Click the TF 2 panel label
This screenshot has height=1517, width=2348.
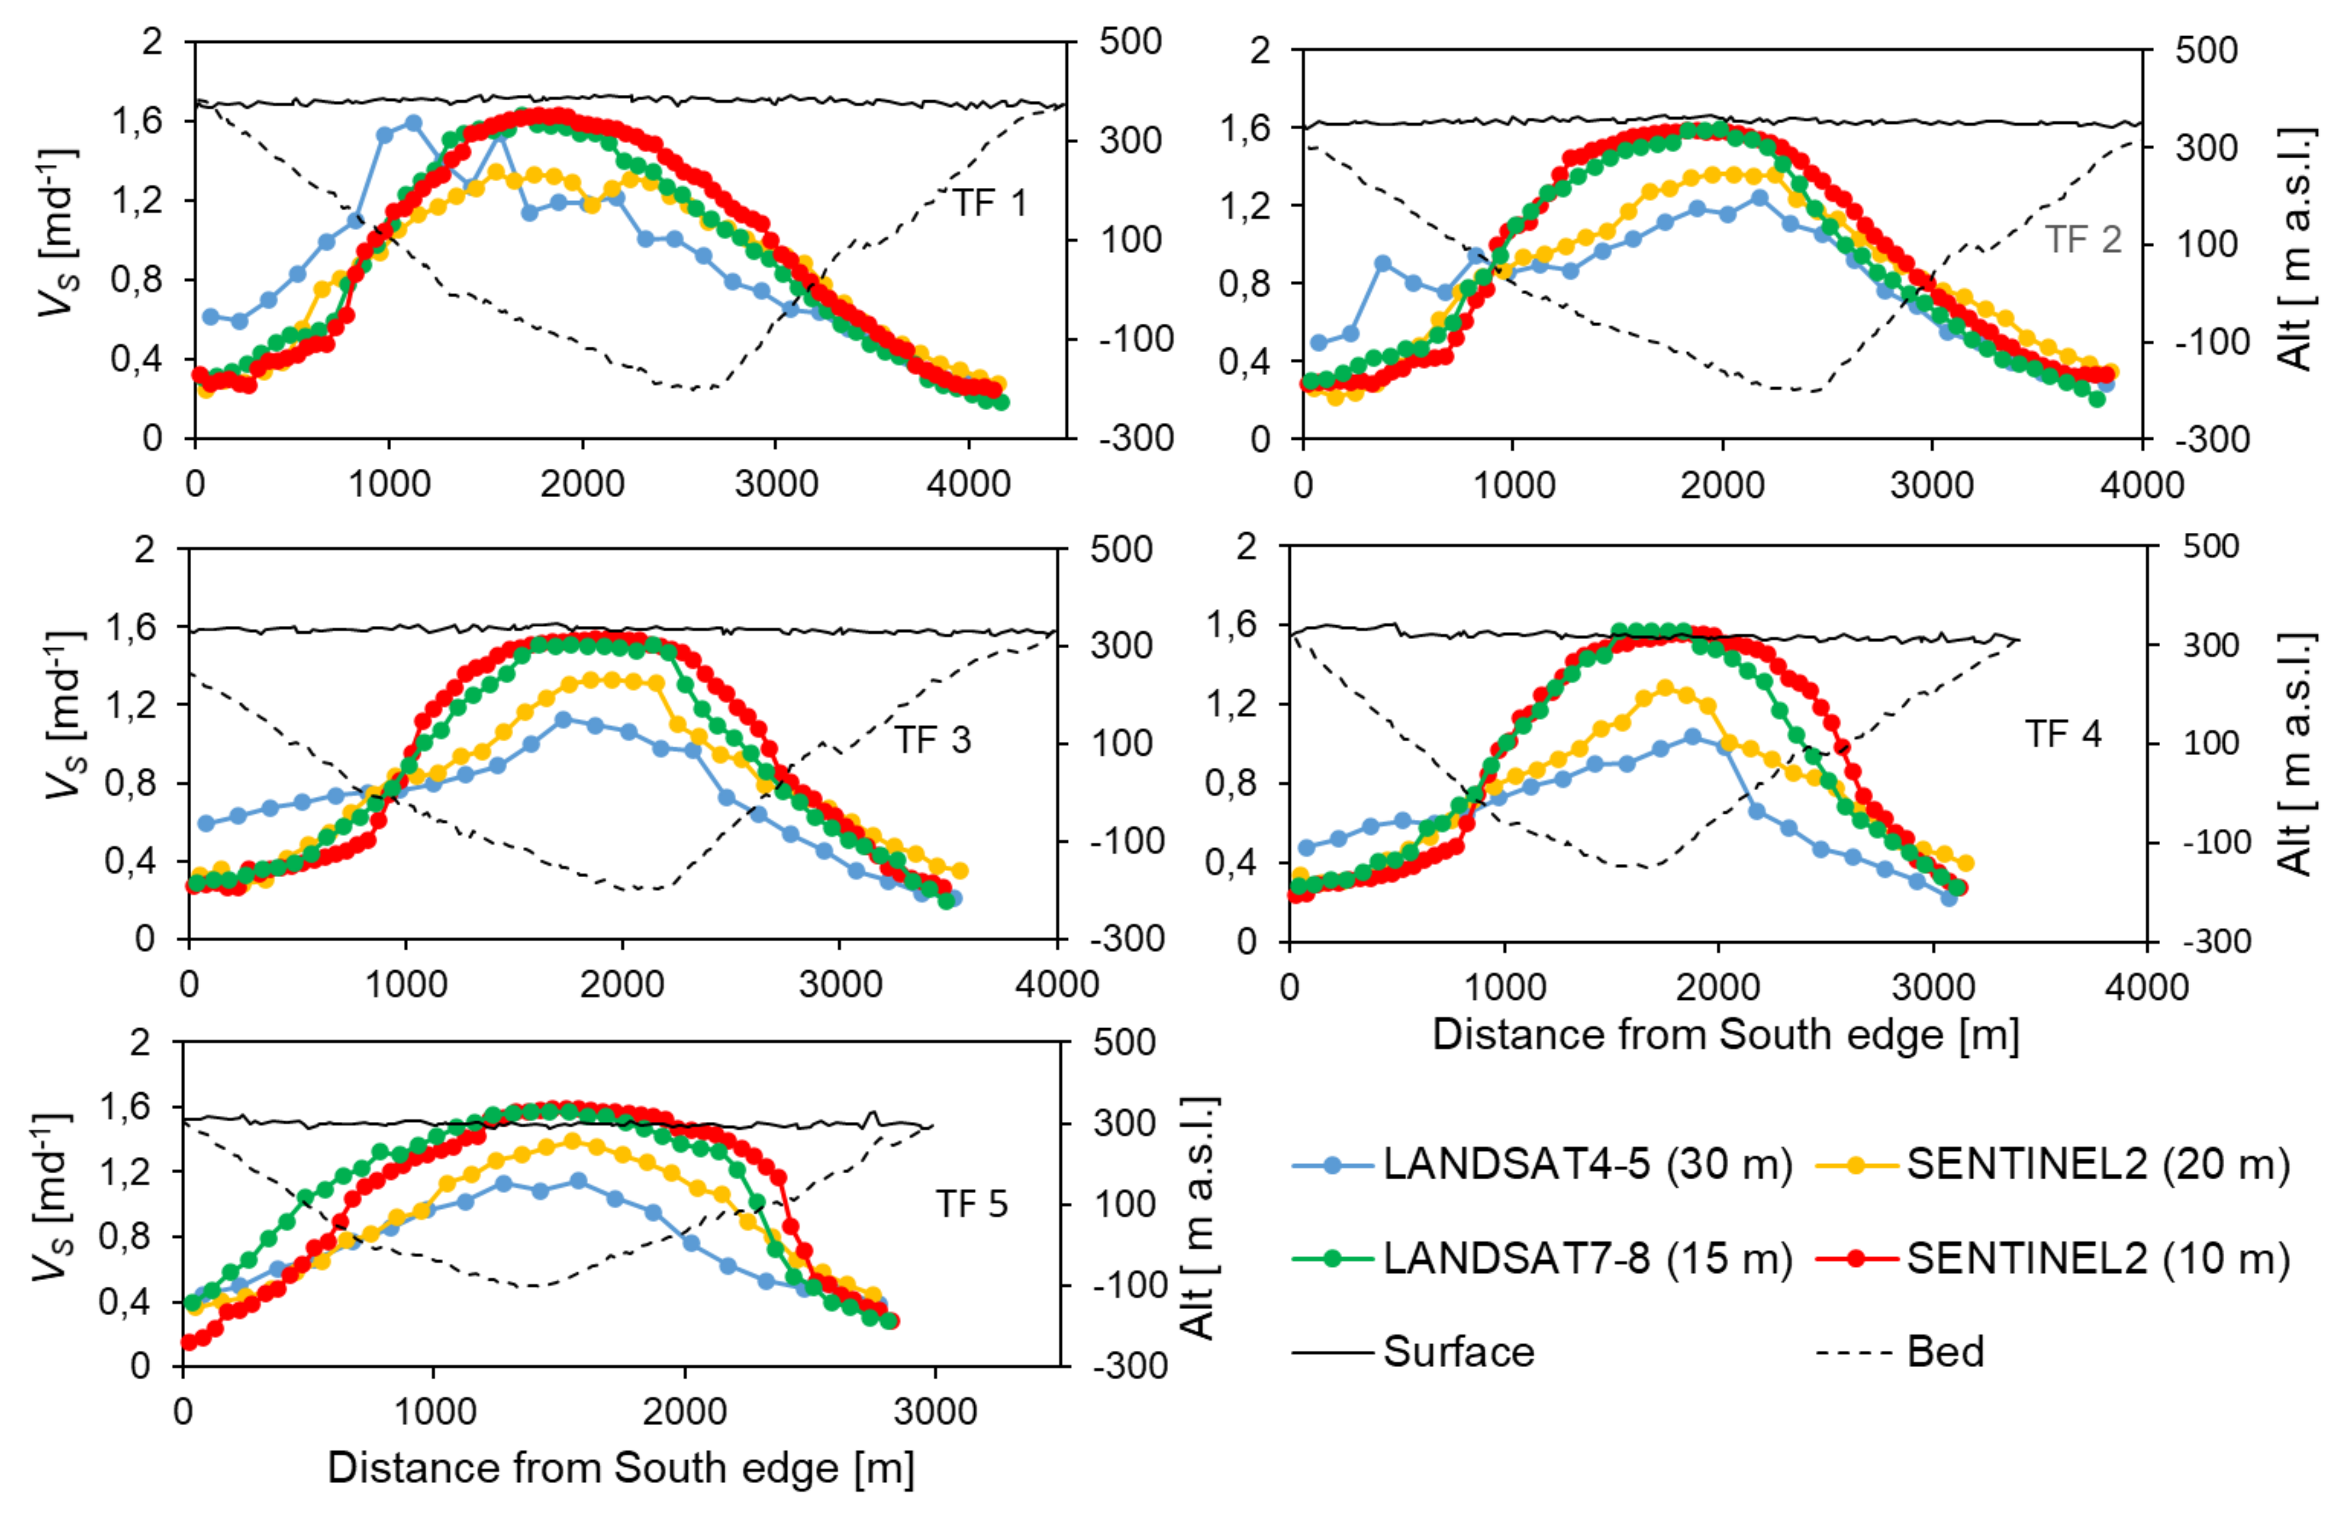2082,240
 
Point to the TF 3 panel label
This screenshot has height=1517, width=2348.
932,740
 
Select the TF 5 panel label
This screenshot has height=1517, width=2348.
971,1204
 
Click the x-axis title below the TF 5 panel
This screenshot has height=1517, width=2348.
620,1468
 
